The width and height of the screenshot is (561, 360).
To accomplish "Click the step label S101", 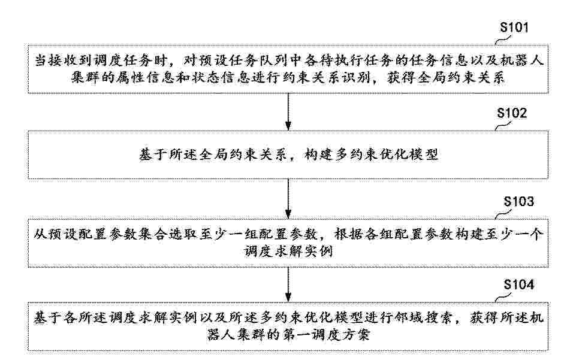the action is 514,27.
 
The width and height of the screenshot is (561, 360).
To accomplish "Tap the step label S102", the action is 512,113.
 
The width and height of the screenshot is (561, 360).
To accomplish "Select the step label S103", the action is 518,201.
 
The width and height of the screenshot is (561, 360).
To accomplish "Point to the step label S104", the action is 518,284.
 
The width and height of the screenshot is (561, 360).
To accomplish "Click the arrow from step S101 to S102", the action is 288,112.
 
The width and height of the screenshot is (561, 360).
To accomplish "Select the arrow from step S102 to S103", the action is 288,198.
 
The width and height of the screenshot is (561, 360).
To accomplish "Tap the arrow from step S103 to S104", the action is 288,285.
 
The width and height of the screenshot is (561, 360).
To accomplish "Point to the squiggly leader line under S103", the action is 503,214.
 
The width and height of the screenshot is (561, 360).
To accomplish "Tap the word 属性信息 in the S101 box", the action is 145,77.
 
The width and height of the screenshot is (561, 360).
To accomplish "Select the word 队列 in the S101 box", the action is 273,60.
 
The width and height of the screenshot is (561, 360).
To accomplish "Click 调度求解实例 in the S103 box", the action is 288,252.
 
